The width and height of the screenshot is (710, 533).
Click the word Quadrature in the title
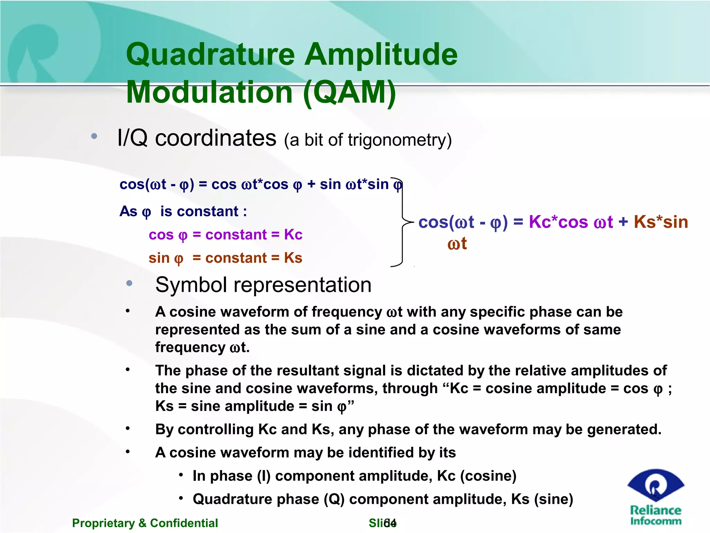point(210,55)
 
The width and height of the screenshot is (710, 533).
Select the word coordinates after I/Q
point(215,138)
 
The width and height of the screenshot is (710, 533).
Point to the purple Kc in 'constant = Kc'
point(293,235)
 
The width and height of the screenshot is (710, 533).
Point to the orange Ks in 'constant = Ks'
point(293,258)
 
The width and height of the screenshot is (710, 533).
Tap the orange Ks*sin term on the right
point(660,222)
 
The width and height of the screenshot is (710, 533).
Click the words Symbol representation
point(263,285)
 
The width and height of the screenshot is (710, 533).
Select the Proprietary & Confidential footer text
point(145,523)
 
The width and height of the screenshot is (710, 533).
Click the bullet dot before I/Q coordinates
point(94,136)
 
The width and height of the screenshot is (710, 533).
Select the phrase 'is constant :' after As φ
point(204,212)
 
